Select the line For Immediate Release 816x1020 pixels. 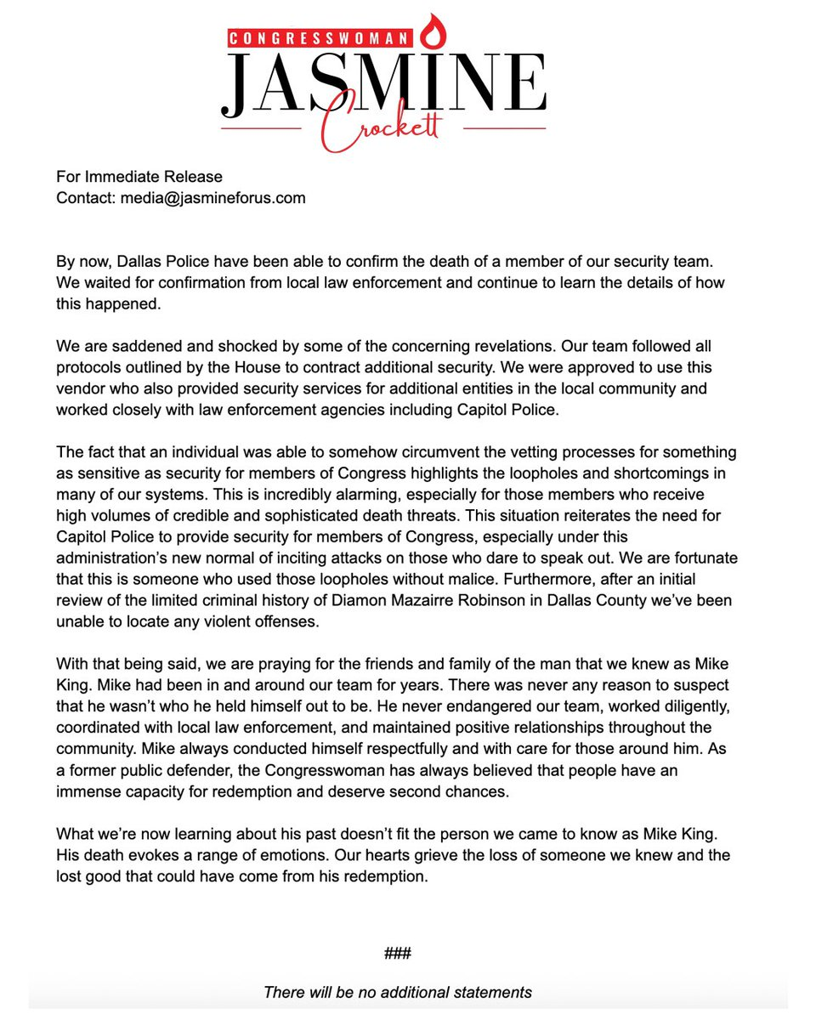(139, 177)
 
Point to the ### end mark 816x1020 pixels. (397, 953)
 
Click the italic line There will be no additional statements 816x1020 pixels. (397, 992)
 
